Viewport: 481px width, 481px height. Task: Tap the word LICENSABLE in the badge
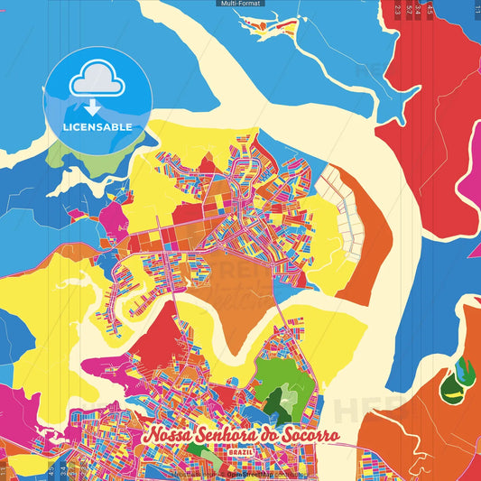(97, 127)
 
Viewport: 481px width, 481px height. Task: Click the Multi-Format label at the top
(240, 4)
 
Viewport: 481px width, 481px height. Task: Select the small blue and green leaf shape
(463, 369)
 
